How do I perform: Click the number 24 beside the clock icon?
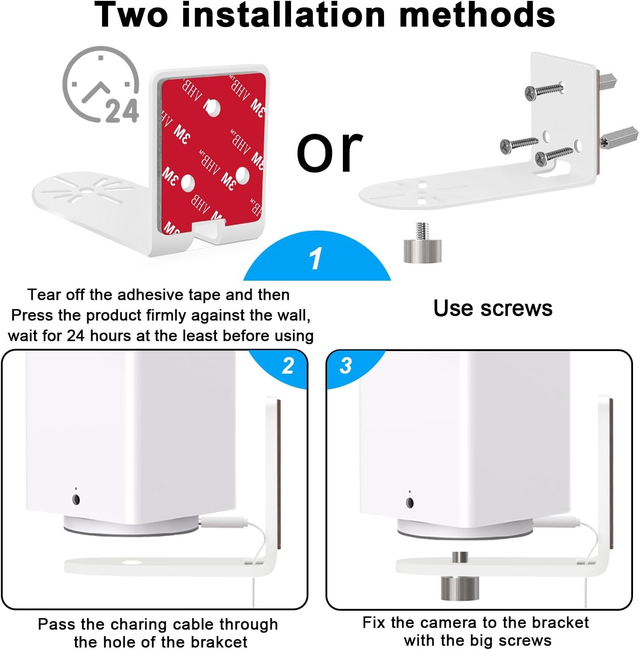122,111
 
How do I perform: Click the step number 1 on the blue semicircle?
315,258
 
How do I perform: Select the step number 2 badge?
288,366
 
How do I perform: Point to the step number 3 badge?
346,366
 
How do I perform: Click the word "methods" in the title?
477,15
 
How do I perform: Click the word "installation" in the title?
283,15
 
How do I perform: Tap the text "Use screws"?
493,308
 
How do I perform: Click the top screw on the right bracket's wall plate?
544,90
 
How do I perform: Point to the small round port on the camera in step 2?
76,499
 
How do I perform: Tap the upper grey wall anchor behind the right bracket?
608,81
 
